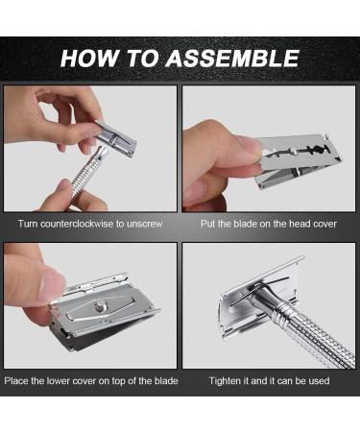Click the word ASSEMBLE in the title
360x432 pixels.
point(232,59)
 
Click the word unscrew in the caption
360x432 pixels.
point(144,224)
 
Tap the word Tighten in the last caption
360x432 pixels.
point(224,381)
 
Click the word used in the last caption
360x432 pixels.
point(319,381)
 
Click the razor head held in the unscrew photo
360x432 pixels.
point(116,138)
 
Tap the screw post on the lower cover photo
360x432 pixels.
point(101,307)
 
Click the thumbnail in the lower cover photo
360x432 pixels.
point(52,288)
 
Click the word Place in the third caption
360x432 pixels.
point(16,381)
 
